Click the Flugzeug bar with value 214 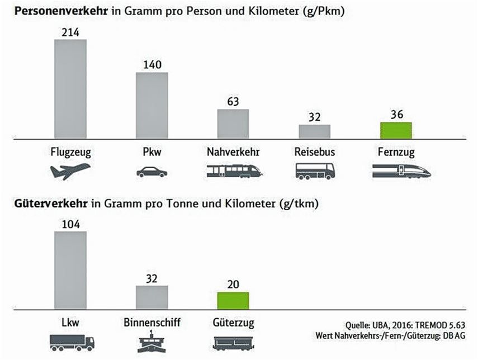coord(70,89)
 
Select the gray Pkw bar coord(152,105)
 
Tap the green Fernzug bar coord(396,130)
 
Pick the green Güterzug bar coord(233,300)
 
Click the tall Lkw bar coord(70,270)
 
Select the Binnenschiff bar coord(152,297)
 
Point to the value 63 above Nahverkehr coord(233,101)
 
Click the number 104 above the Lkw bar coord(70,224)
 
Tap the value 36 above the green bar coord(396,114)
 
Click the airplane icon coord(70,170)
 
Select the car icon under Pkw coord(152,172)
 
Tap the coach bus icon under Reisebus coord(315,171)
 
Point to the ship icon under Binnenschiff coord(152,342)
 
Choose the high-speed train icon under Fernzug coord(401,171)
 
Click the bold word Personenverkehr coord(53,11)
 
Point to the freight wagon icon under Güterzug coord(233,343)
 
